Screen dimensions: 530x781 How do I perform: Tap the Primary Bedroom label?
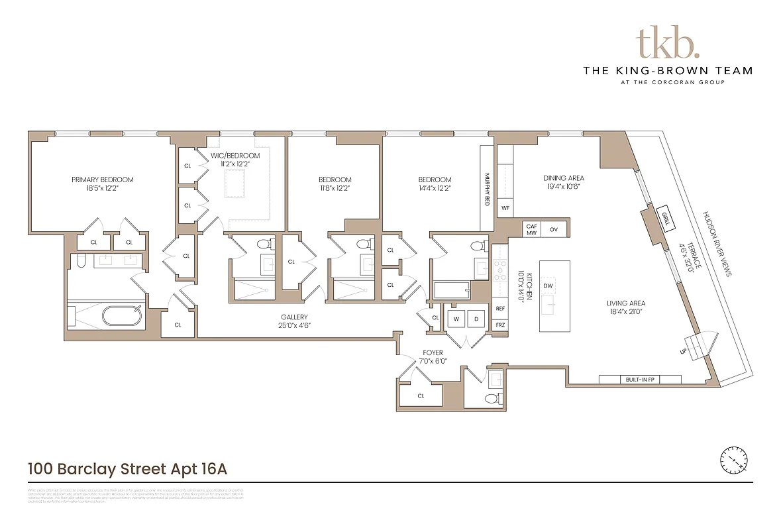tap(103, 180)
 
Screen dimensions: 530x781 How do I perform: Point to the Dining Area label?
tap(563, 178)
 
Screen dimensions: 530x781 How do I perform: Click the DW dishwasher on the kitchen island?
tap(548, 286)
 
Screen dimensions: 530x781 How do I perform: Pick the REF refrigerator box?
tap(501, 309)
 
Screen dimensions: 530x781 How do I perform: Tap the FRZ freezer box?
tap(501, 325)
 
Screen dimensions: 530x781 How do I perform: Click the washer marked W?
tap(456, 319)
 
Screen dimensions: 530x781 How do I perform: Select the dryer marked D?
tap(476, 319)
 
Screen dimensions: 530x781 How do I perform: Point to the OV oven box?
tap(554, 229)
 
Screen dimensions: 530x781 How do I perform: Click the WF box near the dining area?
tap(505, 208)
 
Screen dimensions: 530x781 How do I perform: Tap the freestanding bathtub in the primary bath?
tap(122, 316)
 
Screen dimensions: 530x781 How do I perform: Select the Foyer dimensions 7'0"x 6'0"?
tap(433, 362)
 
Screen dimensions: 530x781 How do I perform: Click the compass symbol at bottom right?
tap(734, 459)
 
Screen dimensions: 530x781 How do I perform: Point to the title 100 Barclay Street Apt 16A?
tap(127, 469)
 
